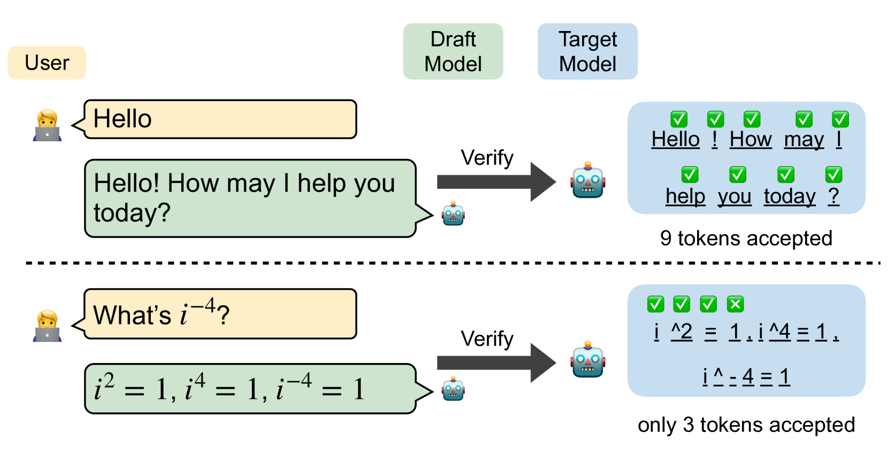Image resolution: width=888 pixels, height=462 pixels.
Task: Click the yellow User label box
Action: pyautogui.click(x=47, y=63)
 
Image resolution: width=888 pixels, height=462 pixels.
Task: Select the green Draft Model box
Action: pyautogui.click(x=453, y=51)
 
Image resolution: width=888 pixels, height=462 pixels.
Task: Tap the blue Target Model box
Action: pyautogui.click(x=588, y=51)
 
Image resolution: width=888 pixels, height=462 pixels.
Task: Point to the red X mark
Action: pyautogui.click(x=735, y=304)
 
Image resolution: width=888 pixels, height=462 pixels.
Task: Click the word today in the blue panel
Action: pyautogui.click(x=790, y=196)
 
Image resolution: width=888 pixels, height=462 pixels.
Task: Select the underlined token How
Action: pyautogui.click(x=751, y=140)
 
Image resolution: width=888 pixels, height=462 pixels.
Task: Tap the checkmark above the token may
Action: pyautogui.click(x=804, y=119)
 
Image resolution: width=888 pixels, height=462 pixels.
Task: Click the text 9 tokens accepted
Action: pyautogui.click(x=746, y=238)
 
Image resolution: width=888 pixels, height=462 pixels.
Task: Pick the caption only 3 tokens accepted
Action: pyautogui.click(x=746, y=425)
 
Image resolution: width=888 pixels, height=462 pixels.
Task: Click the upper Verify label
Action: pyautogui.click(x=487, y=158)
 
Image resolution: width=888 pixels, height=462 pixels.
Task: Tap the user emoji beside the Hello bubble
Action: pyautogui.click(x=47, y=125)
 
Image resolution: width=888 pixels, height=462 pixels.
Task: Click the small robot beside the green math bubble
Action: pyautogui.click(x=453, y=389)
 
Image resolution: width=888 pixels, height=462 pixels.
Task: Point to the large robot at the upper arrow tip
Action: pyautogui.click(x=588, y=181)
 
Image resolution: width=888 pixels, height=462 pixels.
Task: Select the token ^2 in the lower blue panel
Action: pyautogui.click(x=682, y=333)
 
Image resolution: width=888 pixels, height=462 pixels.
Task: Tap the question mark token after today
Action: pyautogui.click(x=833, y=196)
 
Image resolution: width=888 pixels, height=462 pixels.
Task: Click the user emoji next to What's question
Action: pyautogui.click(x=47, y=326)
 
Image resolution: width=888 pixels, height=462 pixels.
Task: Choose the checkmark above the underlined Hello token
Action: pyautogui.click(x=679, y=119)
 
